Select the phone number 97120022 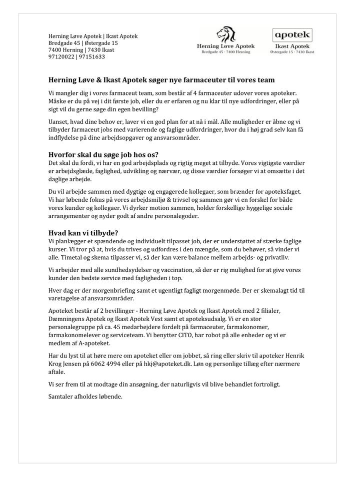click(61, 57)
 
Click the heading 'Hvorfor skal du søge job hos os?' click(107, 154)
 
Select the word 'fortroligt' click(263, 385)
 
